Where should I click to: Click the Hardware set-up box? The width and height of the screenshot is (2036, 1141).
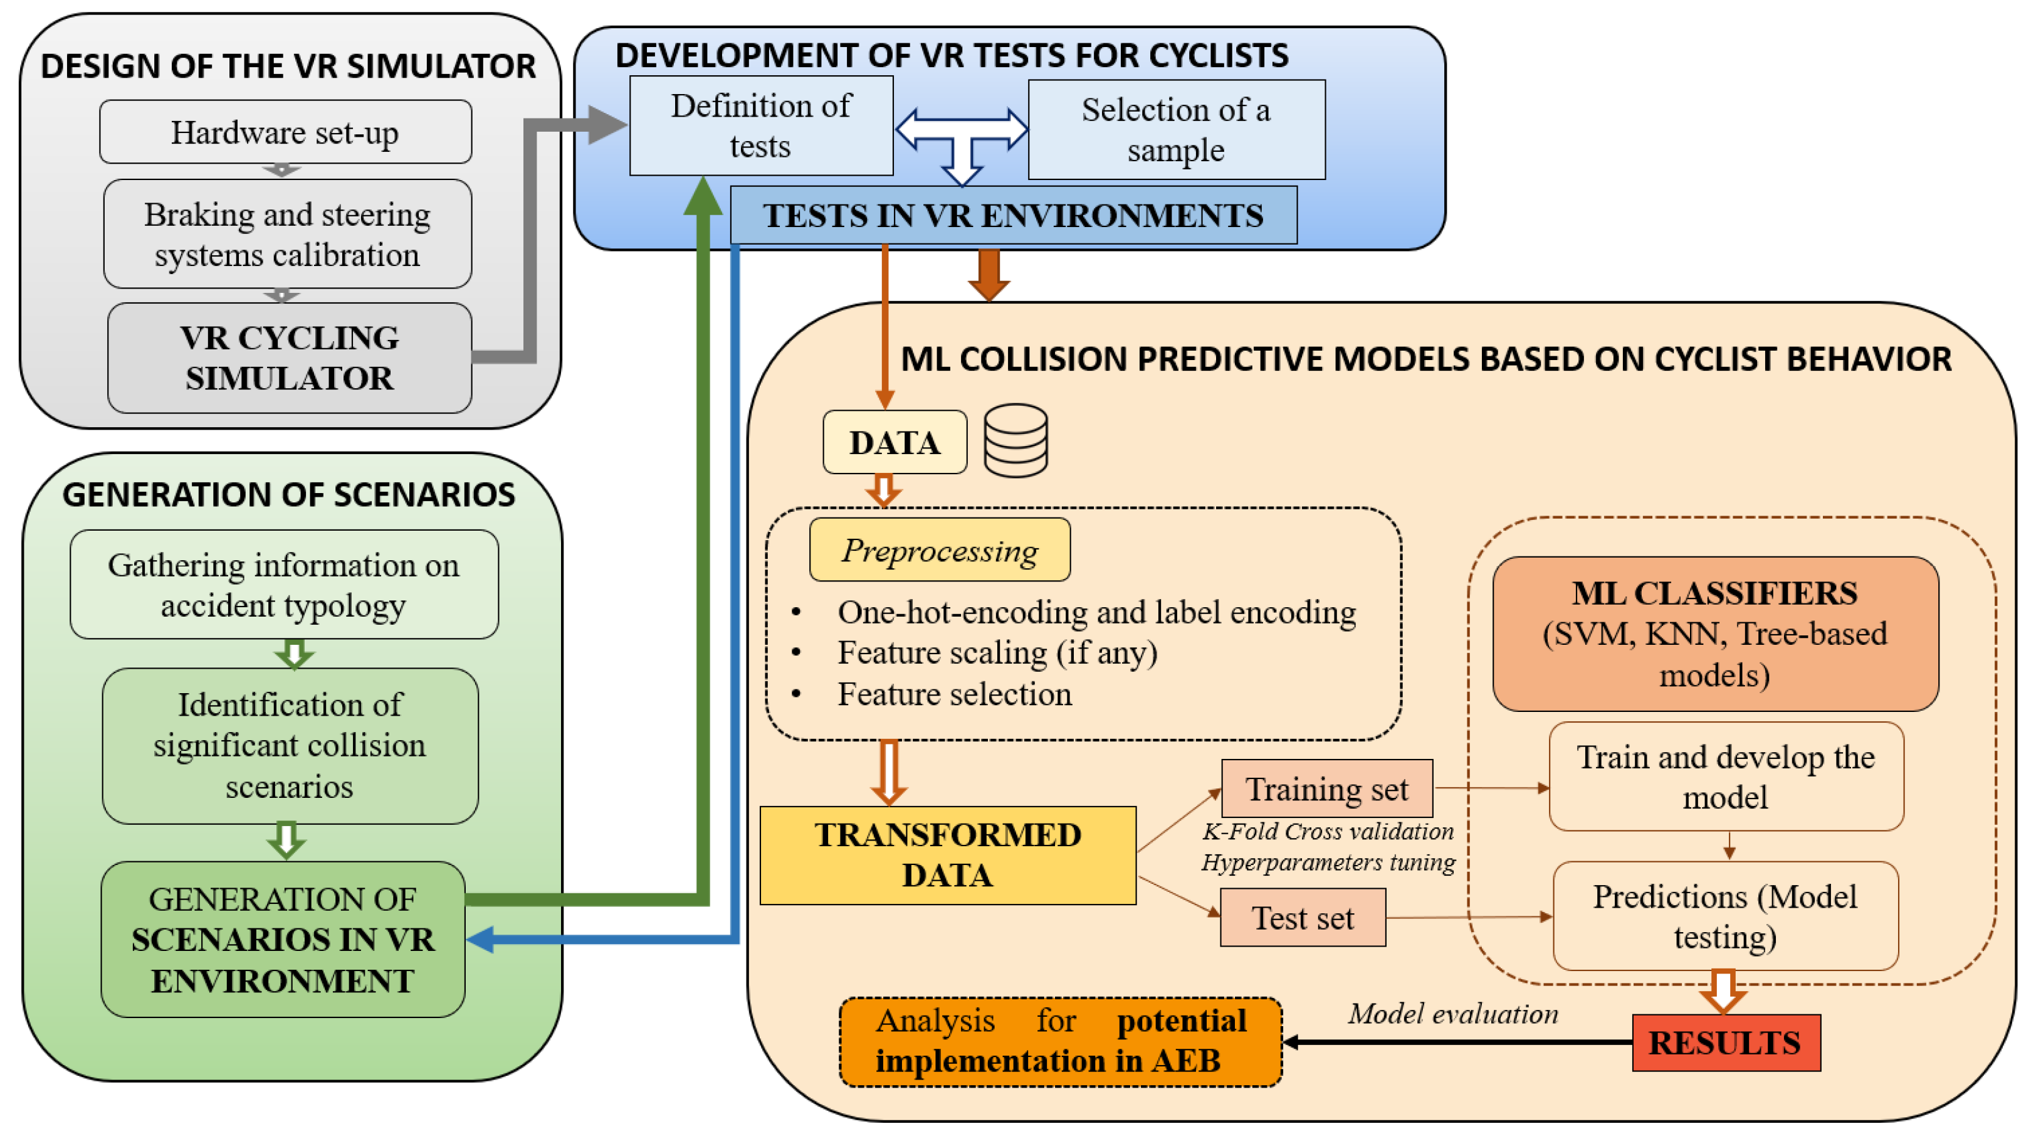(285, 132)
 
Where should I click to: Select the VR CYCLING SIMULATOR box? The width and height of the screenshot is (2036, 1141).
(289, 358)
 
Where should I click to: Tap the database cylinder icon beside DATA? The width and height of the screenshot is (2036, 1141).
(1015, 440)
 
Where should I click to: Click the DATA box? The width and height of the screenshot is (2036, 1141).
(895, 443)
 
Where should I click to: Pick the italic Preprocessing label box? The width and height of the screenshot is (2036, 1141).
(940, 550)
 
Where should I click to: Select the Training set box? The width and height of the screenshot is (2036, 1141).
(1327, 788)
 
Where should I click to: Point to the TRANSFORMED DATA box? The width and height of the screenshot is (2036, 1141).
(948, 856)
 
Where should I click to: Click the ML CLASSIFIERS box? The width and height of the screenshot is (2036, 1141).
(1715, 634)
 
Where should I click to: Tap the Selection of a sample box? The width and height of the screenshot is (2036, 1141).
(1176, 130)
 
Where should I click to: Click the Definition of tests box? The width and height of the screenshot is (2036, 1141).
(761, 125)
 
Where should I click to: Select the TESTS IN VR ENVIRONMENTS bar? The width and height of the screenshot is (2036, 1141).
(1013, 216)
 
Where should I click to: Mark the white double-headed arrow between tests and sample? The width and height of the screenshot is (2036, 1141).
(962, 129)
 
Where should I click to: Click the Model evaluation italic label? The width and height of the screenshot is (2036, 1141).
(1452, 1014)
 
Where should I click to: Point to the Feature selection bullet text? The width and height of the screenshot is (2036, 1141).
(954, 694)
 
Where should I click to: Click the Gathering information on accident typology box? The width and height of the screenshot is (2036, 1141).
(284, 585)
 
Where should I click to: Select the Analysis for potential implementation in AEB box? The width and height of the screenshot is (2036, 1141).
(1061, 1041)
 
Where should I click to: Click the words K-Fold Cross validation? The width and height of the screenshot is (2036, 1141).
(1328, 832)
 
